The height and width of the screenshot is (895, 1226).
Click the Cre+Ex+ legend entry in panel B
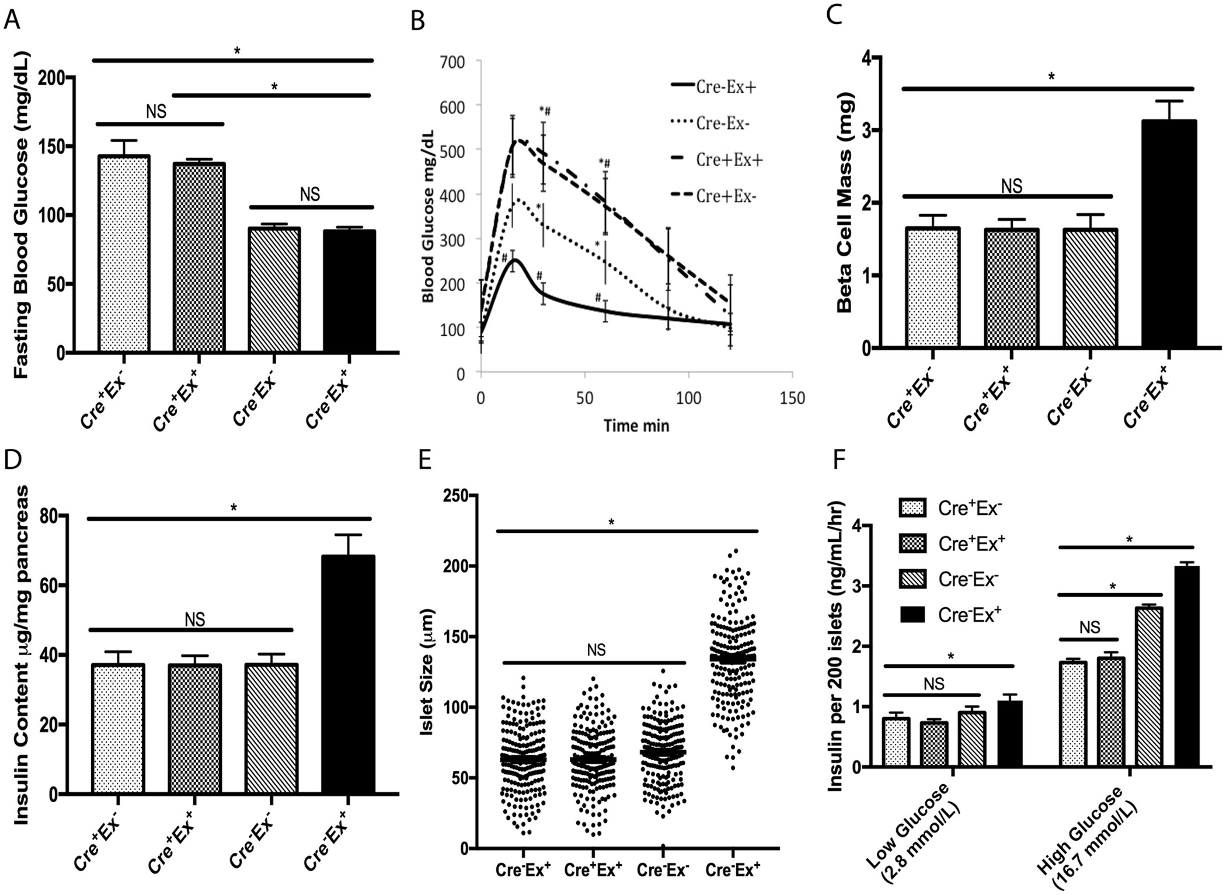[x=729, y=160]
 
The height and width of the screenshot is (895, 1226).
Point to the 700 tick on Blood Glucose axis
[x=452, y=61]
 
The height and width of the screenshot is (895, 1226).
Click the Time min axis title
[x=636, y=426]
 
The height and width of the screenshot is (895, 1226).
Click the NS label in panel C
[x=1011, y=186]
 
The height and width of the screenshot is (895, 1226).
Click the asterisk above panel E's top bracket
[x=611, y=522]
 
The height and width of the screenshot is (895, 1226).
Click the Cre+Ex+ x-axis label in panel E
[x=593, y=870]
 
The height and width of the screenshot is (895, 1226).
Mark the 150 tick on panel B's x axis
[x=792, y=399]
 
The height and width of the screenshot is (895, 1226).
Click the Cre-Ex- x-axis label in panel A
[x=253, y=401]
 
